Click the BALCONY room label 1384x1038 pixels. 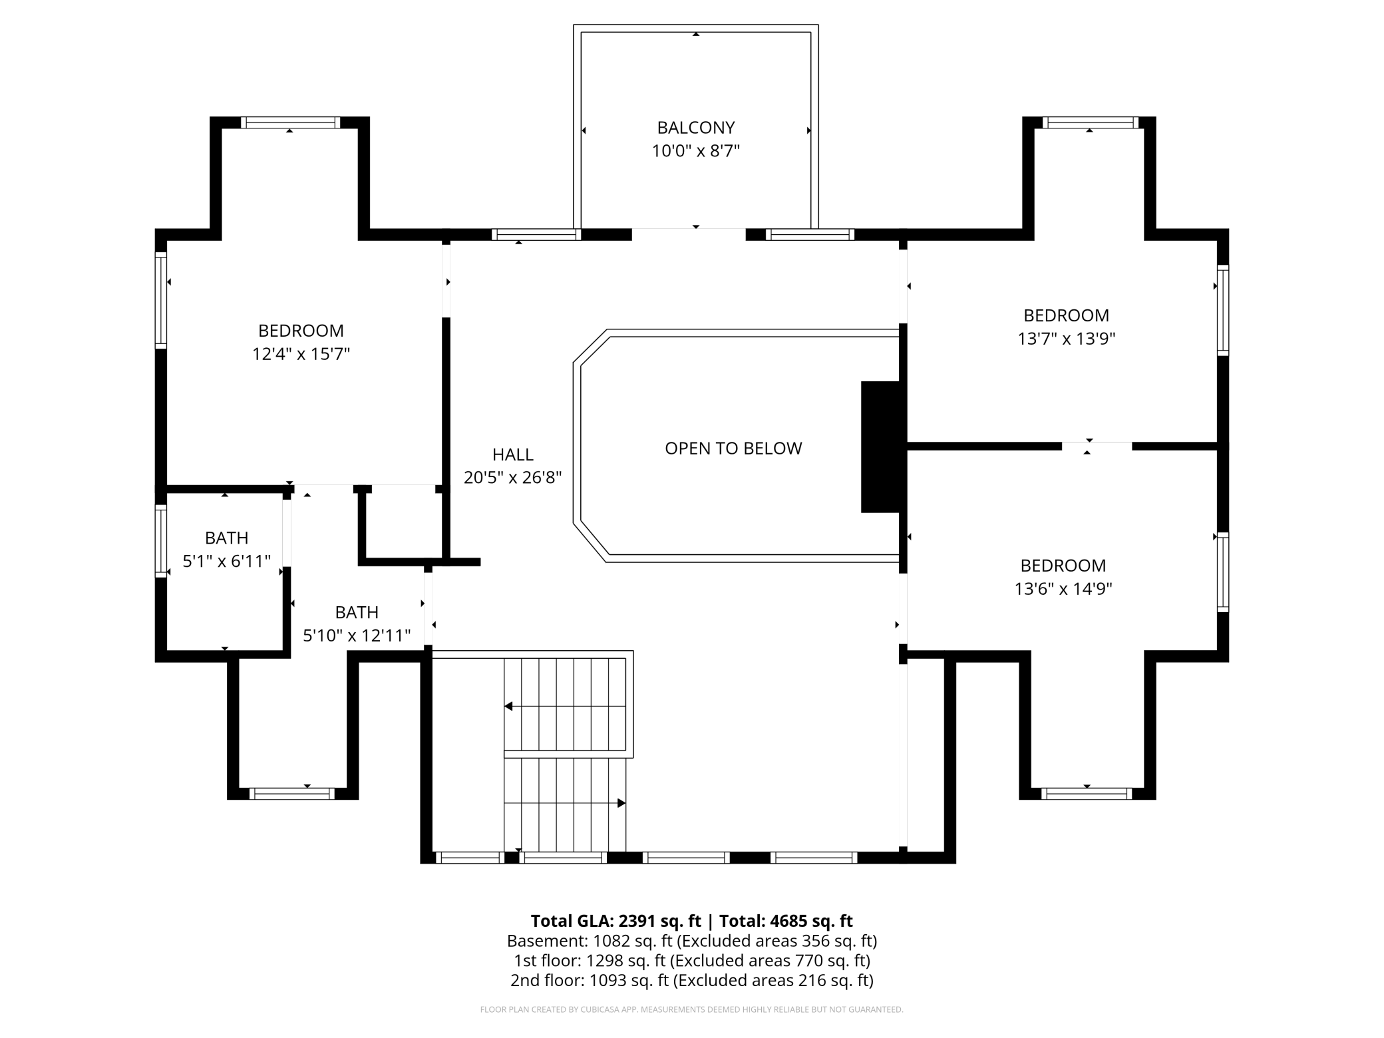696,127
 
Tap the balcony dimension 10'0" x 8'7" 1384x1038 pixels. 696,151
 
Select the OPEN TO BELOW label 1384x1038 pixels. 733,448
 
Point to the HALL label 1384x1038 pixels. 512,454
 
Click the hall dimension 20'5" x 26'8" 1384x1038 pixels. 512,477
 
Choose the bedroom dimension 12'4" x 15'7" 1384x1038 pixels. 301,354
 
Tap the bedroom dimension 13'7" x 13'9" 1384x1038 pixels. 1066,339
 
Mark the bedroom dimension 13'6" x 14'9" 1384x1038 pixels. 1063,589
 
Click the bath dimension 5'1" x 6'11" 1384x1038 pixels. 226,561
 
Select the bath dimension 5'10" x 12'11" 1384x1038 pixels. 357,635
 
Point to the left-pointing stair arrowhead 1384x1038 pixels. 508,706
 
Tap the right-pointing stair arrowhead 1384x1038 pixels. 621,803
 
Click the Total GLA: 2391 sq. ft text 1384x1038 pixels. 616,921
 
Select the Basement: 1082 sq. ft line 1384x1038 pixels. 692,941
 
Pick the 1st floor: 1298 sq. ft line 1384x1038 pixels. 692,960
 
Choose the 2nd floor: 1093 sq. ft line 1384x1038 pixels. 692,980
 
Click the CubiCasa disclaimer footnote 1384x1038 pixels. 692,1009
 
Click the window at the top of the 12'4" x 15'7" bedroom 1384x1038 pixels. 290,122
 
